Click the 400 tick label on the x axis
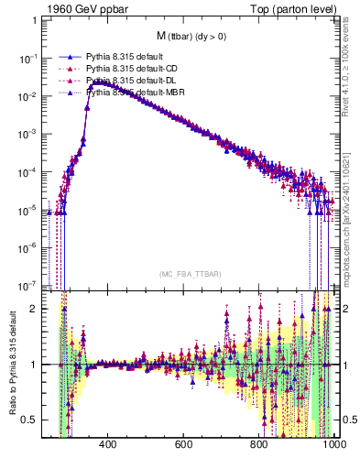(x=106, y=446)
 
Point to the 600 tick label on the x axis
(x=183, y=446)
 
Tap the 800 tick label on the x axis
(x=259, y=446)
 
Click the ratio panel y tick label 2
(x=35, y=309)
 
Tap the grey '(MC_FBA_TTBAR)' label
(x=189, y=275)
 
